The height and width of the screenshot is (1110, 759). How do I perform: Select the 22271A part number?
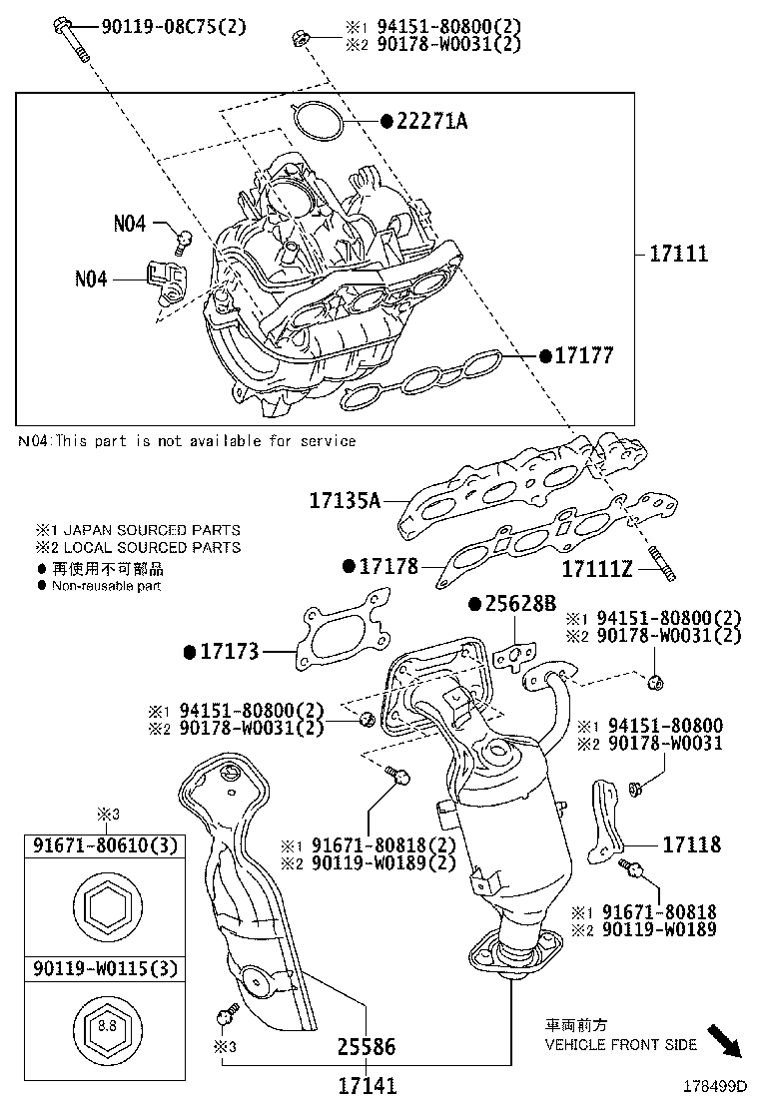pos(430,122)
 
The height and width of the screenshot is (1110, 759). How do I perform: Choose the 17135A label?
pos(345,499)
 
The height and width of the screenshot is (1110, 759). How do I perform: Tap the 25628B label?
pos(520,604)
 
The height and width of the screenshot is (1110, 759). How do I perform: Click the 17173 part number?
pos(230,652)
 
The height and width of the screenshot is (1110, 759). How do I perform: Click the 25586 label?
pos(366,1047)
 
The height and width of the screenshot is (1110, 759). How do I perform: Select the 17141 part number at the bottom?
pos(367,1084)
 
